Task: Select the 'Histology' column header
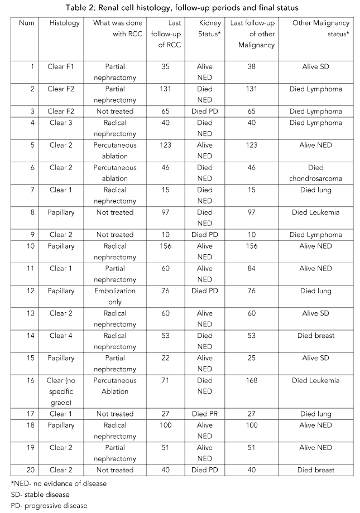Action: (64, 23)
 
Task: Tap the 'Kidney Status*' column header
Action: (205, 29)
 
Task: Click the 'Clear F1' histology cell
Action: (61, 66)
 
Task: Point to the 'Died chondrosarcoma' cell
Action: (316, 173)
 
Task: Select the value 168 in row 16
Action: (252, 380)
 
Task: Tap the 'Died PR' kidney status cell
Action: (205, 414)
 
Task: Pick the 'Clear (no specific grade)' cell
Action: (61, 391)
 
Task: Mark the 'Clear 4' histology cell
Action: (61, 336)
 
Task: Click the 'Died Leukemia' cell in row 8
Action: (316, 212)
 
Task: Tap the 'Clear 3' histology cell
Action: (61, 123)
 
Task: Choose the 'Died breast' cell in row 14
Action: (316, 336)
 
